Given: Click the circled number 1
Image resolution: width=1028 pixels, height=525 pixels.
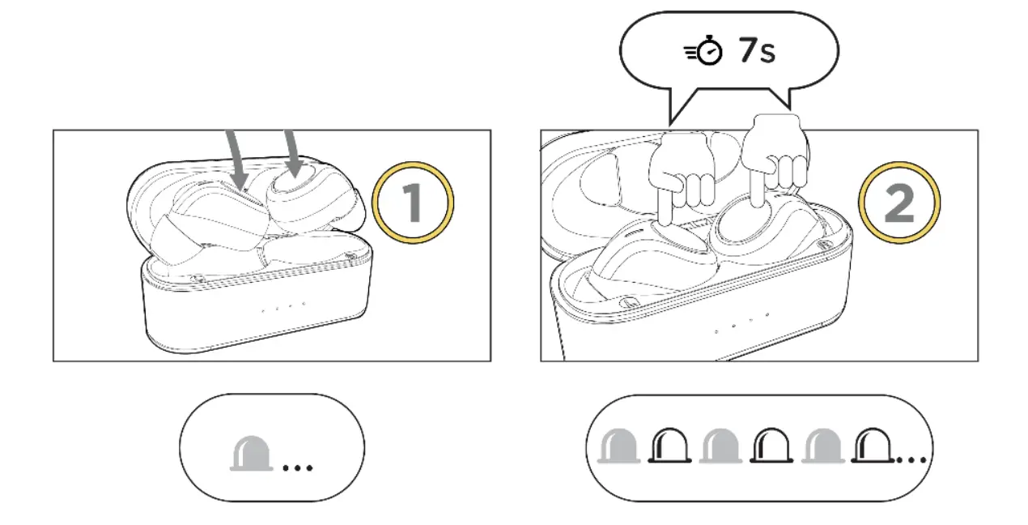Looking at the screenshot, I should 413,203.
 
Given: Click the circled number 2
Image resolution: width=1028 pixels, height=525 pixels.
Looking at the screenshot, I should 900,203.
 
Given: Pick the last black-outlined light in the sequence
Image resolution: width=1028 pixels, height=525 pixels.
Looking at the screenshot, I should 873,446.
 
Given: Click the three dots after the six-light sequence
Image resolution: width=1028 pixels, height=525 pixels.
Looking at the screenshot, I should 912,460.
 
